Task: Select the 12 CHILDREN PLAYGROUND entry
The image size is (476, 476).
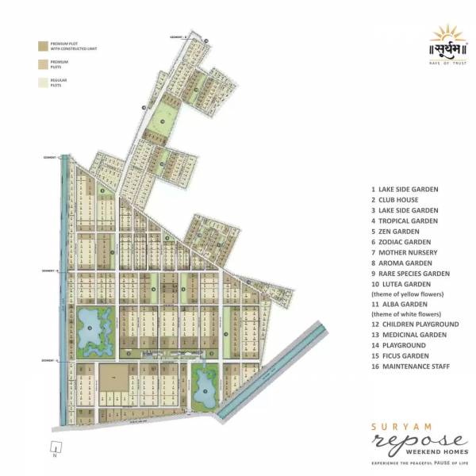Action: (415, 324)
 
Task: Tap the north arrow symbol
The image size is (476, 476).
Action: (54, 452)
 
